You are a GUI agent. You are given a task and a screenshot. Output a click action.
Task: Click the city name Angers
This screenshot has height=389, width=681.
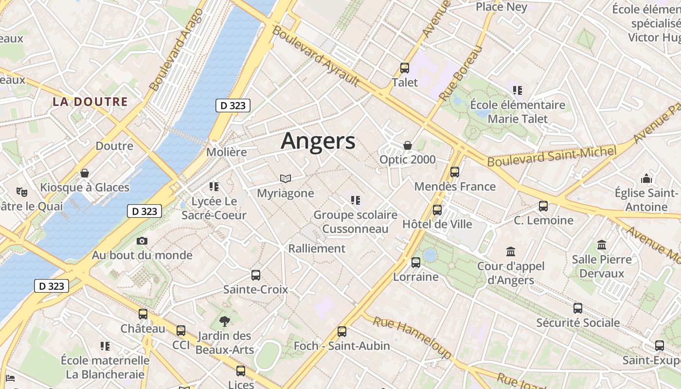tap(318, 141)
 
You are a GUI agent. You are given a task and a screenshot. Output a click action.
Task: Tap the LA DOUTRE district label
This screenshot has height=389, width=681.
tap(90, 102)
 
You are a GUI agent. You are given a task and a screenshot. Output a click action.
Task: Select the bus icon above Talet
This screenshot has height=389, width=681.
tap(405, 68)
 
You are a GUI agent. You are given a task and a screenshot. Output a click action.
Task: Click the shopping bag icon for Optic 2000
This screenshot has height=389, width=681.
tap(408, 145)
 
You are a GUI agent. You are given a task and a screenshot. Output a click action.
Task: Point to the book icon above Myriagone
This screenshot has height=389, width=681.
tap(286, 179)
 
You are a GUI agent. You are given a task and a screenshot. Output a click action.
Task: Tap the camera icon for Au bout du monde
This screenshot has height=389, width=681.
tap(142, 241)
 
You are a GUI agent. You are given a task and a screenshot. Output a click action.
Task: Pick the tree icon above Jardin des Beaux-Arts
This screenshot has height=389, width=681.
tap(224, 321)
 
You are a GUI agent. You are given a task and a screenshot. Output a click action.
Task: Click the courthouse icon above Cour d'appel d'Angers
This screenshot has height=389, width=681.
tap(511, 251)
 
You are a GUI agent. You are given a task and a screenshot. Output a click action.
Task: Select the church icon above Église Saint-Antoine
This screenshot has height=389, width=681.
tap(646, 178)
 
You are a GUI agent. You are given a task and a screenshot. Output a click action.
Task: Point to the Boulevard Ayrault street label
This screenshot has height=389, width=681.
tap(316, 56)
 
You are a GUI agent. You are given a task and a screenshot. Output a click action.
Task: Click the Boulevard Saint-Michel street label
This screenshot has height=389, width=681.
tap(552, 156)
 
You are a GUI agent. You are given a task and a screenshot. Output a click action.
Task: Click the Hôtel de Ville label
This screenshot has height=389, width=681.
tap(437, 224)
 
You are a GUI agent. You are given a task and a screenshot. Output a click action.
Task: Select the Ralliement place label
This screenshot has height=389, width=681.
tap(317, 248)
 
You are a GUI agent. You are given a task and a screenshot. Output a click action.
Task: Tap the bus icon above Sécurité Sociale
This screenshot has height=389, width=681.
tap(578, 308)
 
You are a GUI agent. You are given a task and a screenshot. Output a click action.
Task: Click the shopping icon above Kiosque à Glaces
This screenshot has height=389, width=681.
tap(85, 173)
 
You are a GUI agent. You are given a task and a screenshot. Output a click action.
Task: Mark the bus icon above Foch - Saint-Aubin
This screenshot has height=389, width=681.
tap(342, 332)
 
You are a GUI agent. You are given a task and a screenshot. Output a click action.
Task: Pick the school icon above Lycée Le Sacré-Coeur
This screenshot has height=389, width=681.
tap(214, 186)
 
